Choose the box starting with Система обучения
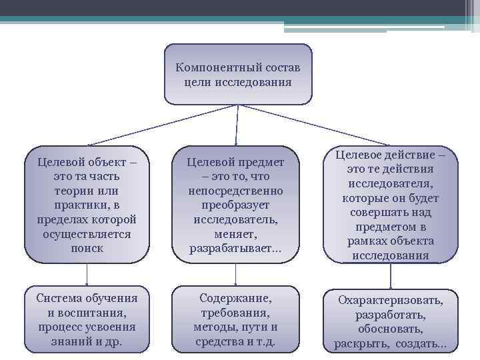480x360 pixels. click(87, 319)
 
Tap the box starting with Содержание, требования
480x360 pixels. click(235, 319)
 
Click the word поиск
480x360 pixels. click(87, 248)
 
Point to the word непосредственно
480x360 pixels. click(235, 191)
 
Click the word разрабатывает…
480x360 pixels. click(235, 249)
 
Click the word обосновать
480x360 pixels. click(391, 329)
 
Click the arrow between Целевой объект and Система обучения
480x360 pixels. click(87, 275)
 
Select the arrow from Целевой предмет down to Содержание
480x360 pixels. click(235, 275)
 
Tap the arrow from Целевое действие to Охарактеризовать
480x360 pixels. click(391, 276)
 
